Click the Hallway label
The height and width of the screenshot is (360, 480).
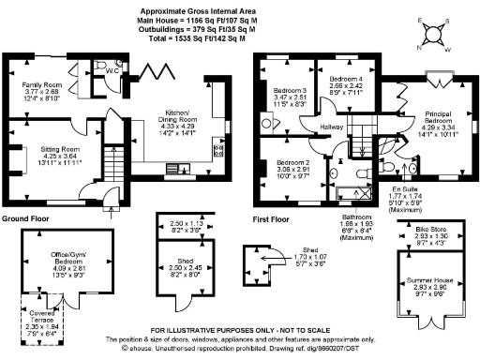point(331,127)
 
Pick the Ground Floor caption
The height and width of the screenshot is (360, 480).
point(25,217)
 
